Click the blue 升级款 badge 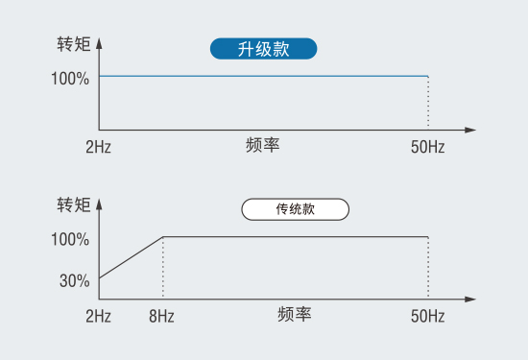tap(263, 49)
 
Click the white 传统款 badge tap(295, 208)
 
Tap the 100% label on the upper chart tap(71, 77)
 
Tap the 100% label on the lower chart tap(71, 238)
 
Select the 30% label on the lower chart tap(75, 281)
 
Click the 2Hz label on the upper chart tap(98, 148)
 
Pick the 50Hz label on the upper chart tap(427, 148)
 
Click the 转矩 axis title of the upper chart tap(74, 44)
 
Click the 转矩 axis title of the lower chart tap(74, 204)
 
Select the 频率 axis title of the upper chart tap(262, 146)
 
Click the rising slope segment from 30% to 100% tap(131, 257)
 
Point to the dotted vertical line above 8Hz tap(162, 269)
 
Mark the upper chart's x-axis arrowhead tap(469, 129)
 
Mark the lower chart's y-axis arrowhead tap(100, 203)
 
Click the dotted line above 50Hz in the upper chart tap(427, 103)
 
